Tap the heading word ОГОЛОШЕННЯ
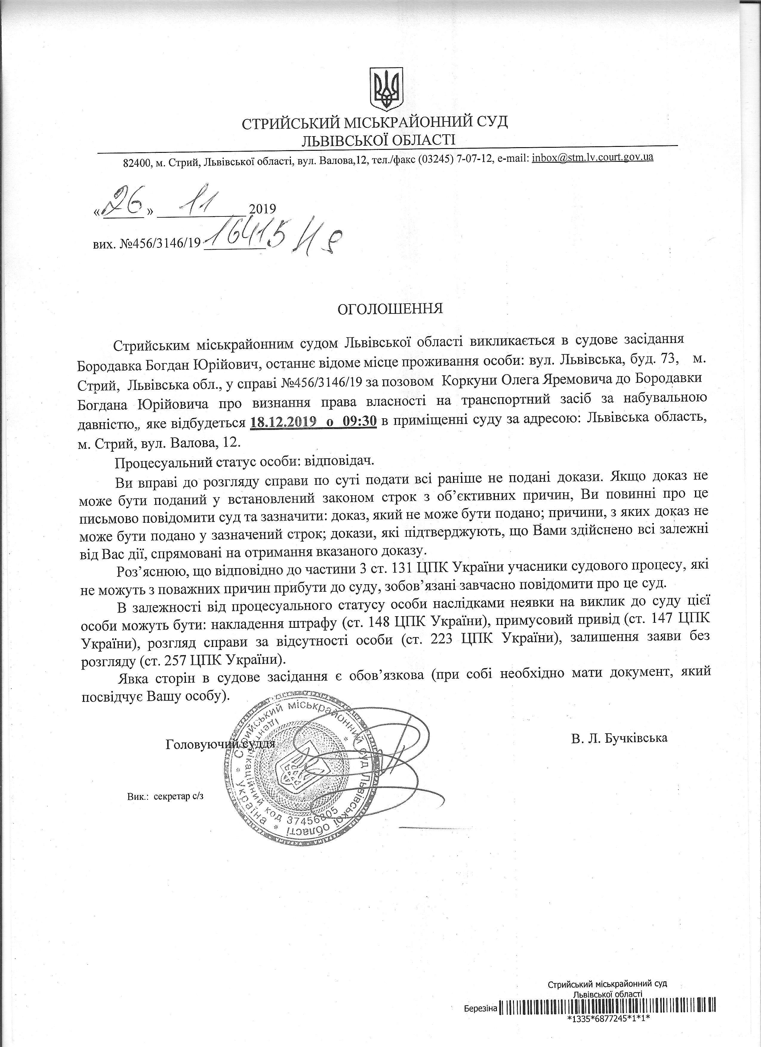coord(390,308)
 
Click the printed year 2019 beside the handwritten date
coord(262,209)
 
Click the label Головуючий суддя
coord(220,744)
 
